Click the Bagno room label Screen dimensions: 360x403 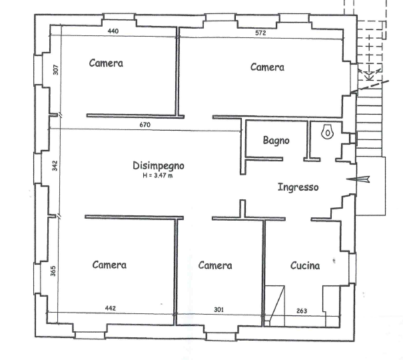(x=276, y=141)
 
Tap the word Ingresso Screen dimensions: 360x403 (x=298, y=187)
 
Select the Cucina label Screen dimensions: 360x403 (x=305, y=265)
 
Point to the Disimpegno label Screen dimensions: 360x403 (x=158, y=165)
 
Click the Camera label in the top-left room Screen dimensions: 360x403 (x=106, y=64)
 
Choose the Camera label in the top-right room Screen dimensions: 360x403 (x=267, y=67)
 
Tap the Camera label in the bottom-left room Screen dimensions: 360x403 (x=109, y=265)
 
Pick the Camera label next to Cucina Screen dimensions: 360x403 (x=214, y=265)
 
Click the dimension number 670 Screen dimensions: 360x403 (x=145, y=125)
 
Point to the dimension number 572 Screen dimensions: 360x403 (x=262, y=33)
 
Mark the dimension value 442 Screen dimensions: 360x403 (x=111, y=307)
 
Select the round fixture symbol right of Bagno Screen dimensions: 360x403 (x=327, y=133)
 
